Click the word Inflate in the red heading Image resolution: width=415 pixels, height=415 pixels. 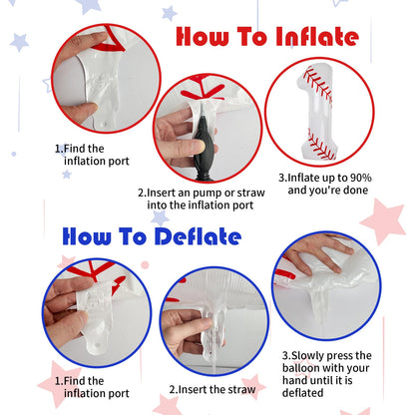[317, 37]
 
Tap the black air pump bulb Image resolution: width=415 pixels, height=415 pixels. [204, 147]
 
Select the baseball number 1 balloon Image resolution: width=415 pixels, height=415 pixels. [318, 112]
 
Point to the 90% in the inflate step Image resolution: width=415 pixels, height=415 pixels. [361, 178]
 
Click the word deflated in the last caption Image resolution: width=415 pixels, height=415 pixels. [303, 393]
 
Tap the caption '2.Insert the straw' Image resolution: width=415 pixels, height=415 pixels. [212, 389]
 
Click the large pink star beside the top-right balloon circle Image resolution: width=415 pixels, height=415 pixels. [384, 220]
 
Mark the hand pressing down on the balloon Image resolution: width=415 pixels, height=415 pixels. [316, 252]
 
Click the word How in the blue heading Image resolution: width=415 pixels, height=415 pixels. [87, 236]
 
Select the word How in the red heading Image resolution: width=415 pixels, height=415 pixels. [203, 37]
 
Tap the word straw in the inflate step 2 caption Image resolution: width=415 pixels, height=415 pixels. [251, 193]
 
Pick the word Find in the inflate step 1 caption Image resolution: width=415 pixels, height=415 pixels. [75, 149]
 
